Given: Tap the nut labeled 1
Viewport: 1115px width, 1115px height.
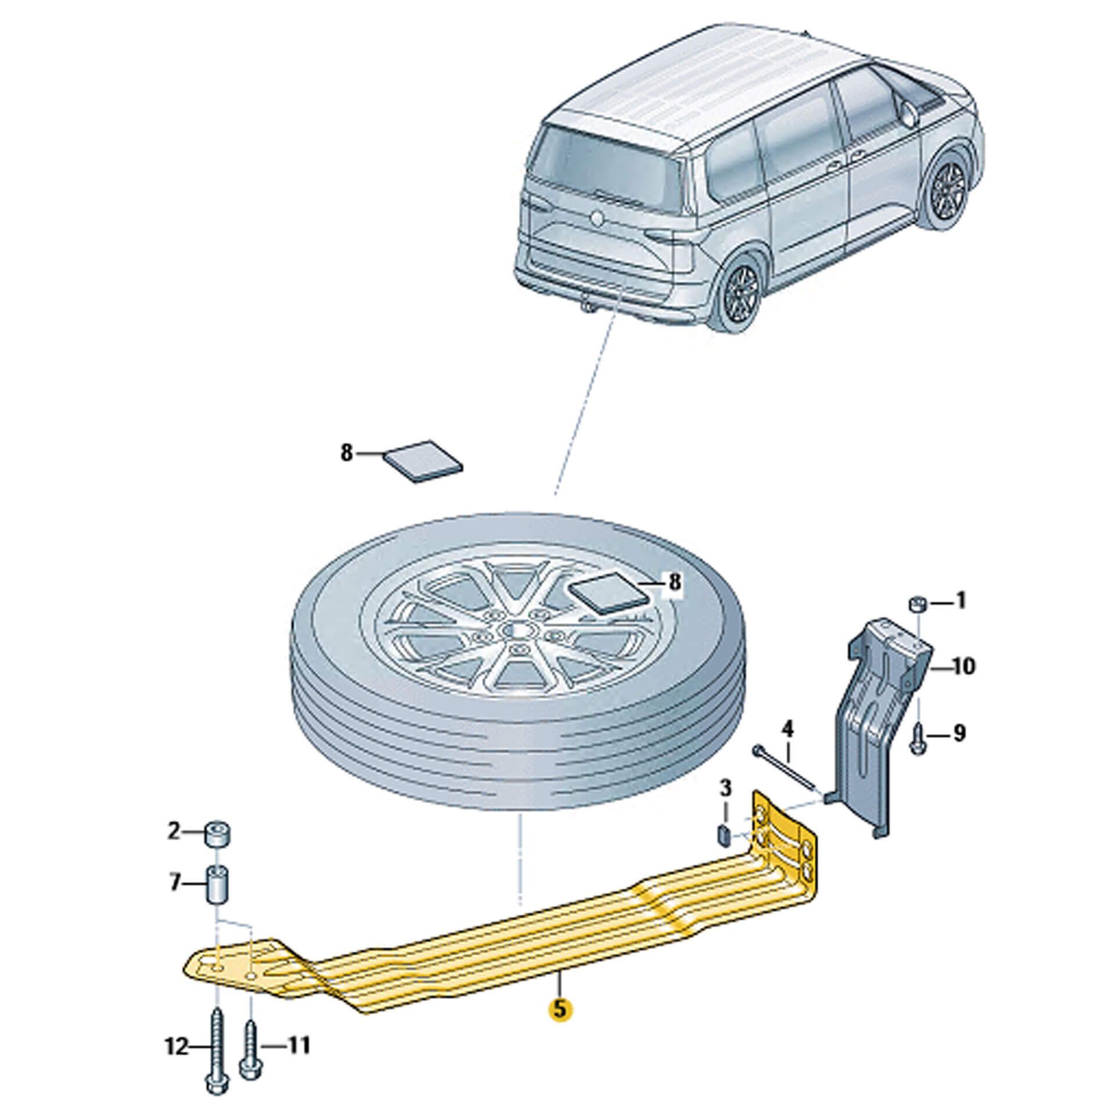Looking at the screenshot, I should pyautogui.click(x=916, y=605).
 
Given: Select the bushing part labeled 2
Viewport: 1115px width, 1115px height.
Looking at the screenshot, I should pyautogui.click(x=217, y=835).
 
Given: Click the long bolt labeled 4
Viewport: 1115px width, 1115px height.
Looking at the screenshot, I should pyautogui.click(x=786, y=769).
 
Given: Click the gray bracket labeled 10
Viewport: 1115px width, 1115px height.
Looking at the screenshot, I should pyautogui.click(x=871, y=726).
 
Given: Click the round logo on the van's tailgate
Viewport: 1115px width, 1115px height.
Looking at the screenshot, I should pyautogui.click(x=595, y=218).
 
